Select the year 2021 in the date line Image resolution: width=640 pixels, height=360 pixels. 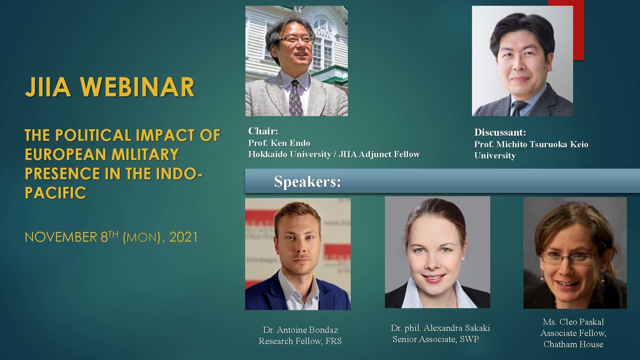click(183, 237)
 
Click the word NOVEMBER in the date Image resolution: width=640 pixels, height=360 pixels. click(61, 237)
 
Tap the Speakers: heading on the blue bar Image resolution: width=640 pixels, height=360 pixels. click(308, 182)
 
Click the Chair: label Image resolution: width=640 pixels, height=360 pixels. click(263, 131)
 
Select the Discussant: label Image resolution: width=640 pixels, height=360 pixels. click(500, 132)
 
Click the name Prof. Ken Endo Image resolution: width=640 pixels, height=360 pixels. click(279, 143)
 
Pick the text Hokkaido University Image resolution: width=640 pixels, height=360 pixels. click(290, 154)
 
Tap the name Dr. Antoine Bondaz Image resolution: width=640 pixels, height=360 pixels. click(300, 330)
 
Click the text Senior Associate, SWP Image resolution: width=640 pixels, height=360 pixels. click(436, 339)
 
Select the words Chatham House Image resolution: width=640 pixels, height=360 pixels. click(573, 344)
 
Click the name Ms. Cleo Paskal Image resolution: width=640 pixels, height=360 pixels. click(573, 322)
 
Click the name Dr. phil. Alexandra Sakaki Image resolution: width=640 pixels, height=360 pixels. click(440, 328)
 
